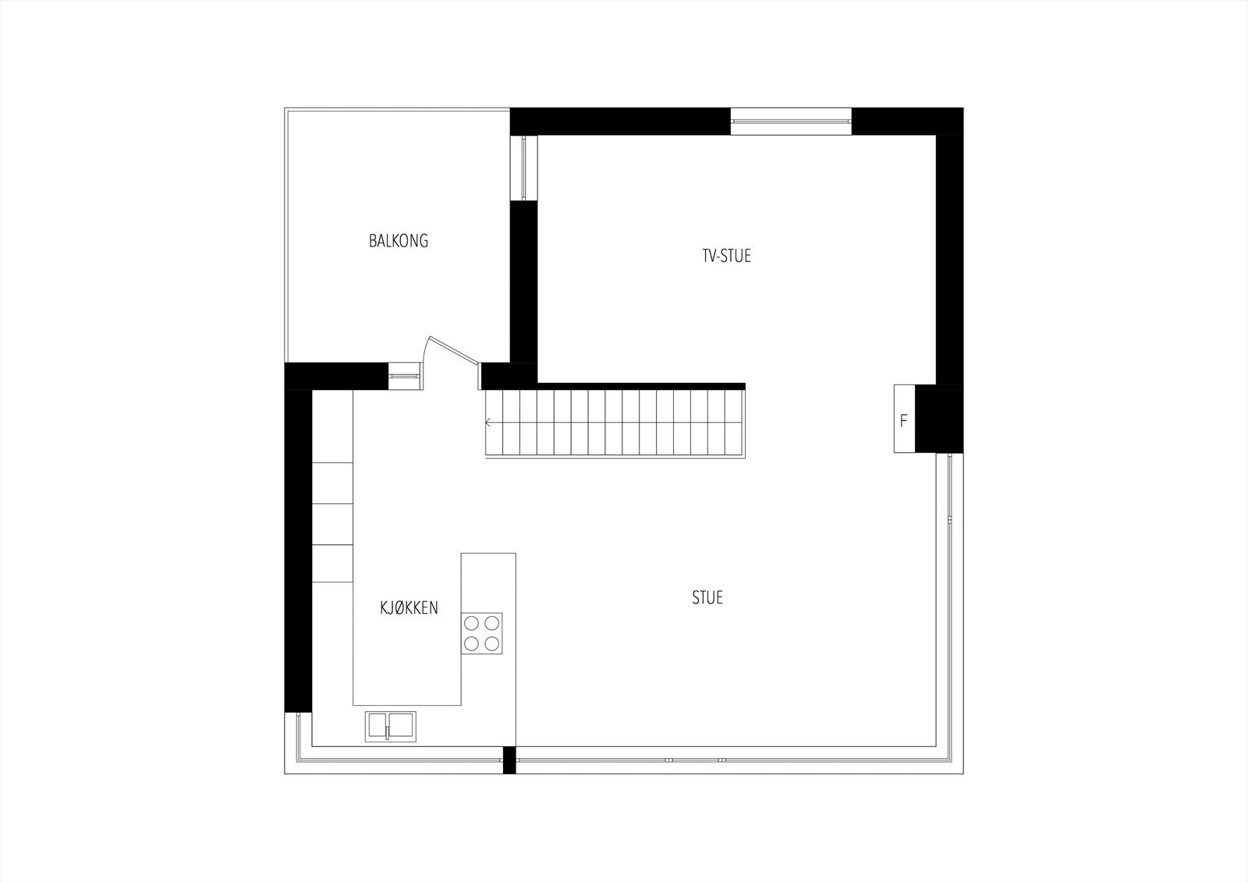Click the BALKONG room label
click(x=399, y=241)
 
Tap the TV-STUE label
click(x=726, y=256)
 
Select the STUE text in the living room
click(x=707, y=598)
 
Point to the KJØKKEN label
click(x=409, y=608)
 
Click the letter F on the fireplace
click(x=904, y=421)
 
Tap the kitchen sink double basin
click(x=391, y=726)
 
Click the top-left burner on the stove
click(x=471, y=623)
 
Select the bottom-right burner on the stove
click(x=491, y=643)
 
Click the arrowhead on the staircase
click(x=488, y=423)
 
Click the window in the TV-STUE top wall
click(x=791, y=121)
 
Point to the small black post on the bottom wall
click(x=509, y=760)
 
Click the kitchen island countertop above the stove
click(x=488, y=581)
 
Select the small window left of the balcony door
click(x=404, y=376)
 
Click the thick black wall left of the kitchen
click(x=298, y=546)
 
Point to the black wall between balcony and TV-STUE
click(x=524, y=281)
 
